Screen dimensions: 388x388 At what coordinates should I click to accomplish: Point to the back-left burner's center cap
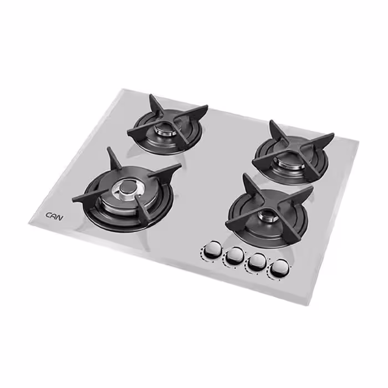click(165, 128)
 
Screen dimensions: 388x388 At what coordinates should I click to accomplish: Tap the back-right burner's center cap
click(289, 161)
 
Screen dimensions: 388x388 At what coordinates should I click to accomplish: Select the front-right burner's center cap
click(268, 215)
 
